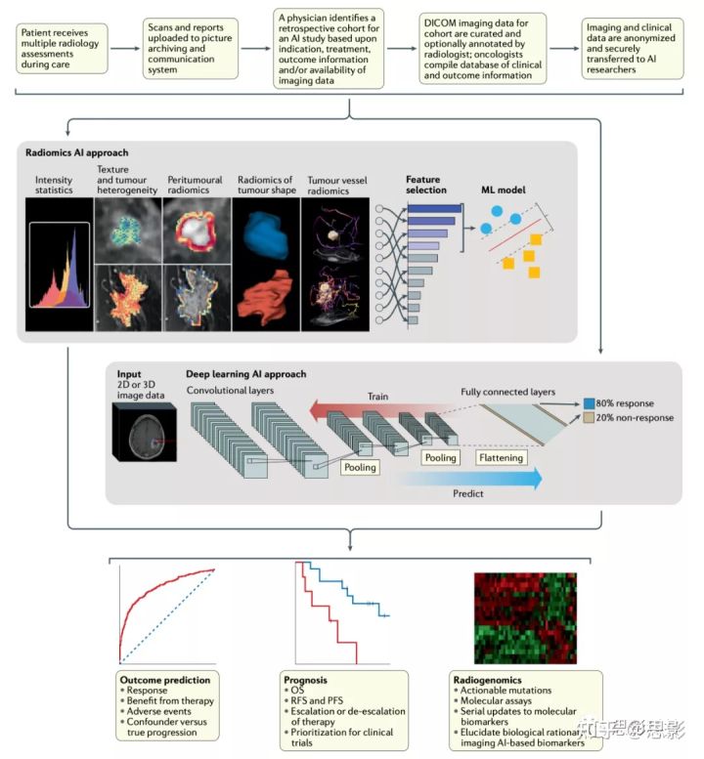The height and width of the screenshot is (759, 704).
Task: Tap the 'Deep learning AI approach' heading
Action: point(246,374)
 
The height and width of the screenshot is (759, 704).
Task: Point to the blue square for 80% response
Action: point(589,401)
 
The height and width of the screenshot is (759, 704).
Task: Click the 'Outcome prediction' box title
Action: point(163,679)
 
